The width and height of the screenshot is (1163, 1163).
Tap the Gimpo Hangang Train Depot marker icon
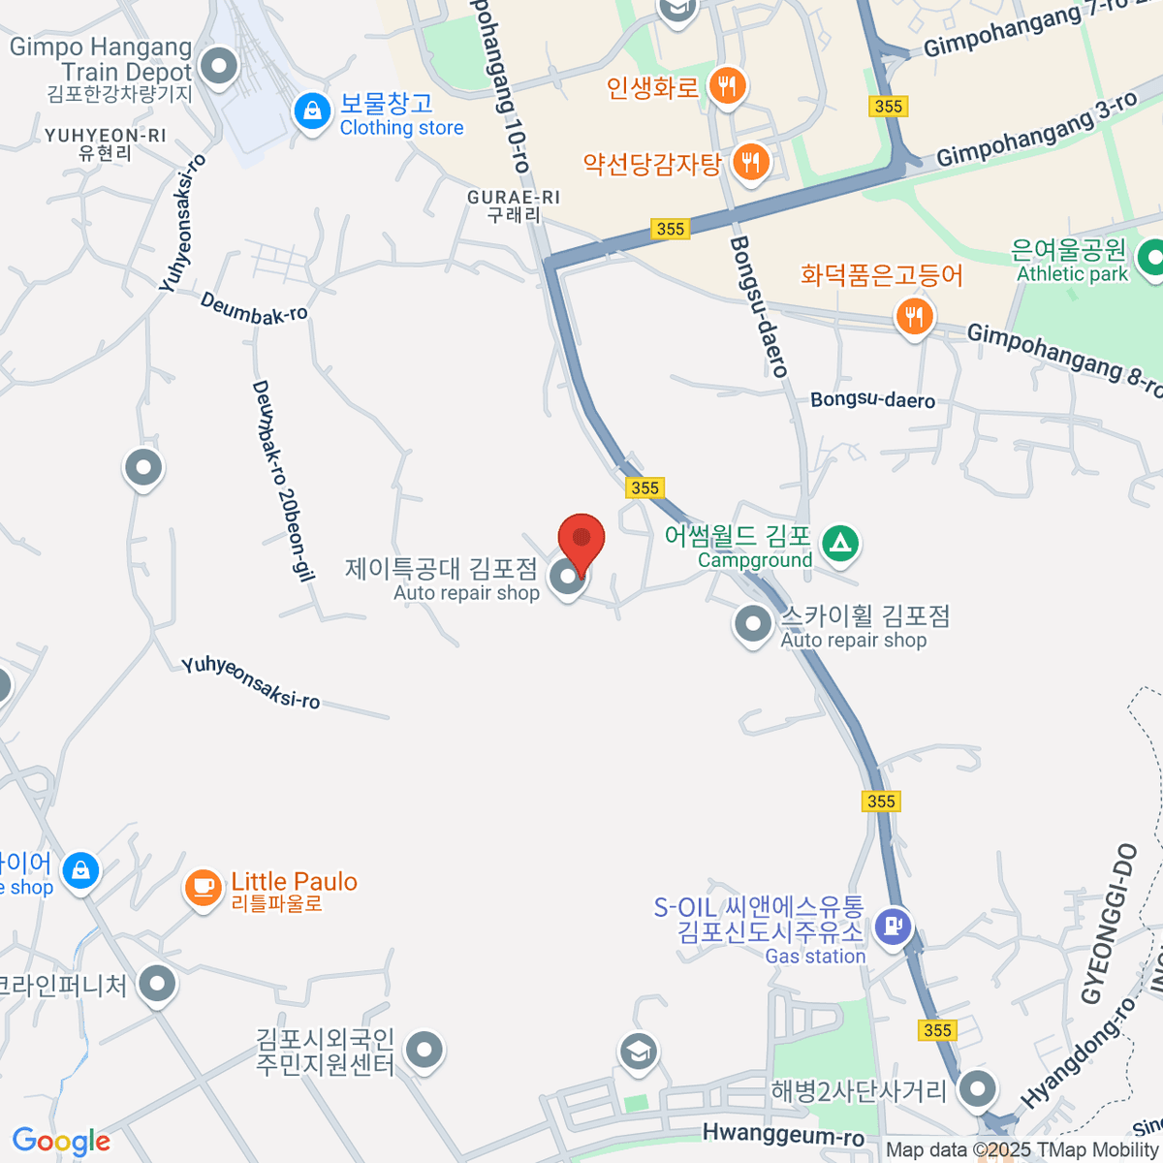[219, 68]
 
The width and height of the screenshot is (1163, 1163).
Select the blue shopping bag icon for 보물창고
[312, 112]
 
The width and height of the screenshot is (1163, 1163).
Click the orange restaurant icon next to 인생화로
[726, 86]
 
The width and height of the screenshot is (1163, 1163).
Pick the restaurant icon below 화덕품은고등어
[914, 316]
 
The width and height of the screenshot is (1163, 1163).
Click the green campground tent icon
[840, 543]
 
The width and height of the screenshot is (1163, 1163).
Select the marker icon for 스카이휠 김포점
[753, 624]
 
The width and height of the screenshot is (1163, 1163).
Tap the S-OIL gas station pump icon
[893, 926]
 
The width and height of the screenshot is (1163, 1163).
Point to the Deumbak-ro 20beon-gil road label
[283, 481]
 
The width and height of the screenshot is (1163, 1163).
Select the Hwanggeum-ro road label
[783, 1135]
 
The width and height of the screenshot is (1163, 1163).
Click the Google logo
[61, 1141]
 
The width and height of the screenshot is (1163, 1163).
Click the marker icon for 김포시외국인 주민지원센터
[424, 1049]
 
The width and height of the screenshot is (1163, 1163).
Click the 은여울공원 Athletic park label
[1071, 262]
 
